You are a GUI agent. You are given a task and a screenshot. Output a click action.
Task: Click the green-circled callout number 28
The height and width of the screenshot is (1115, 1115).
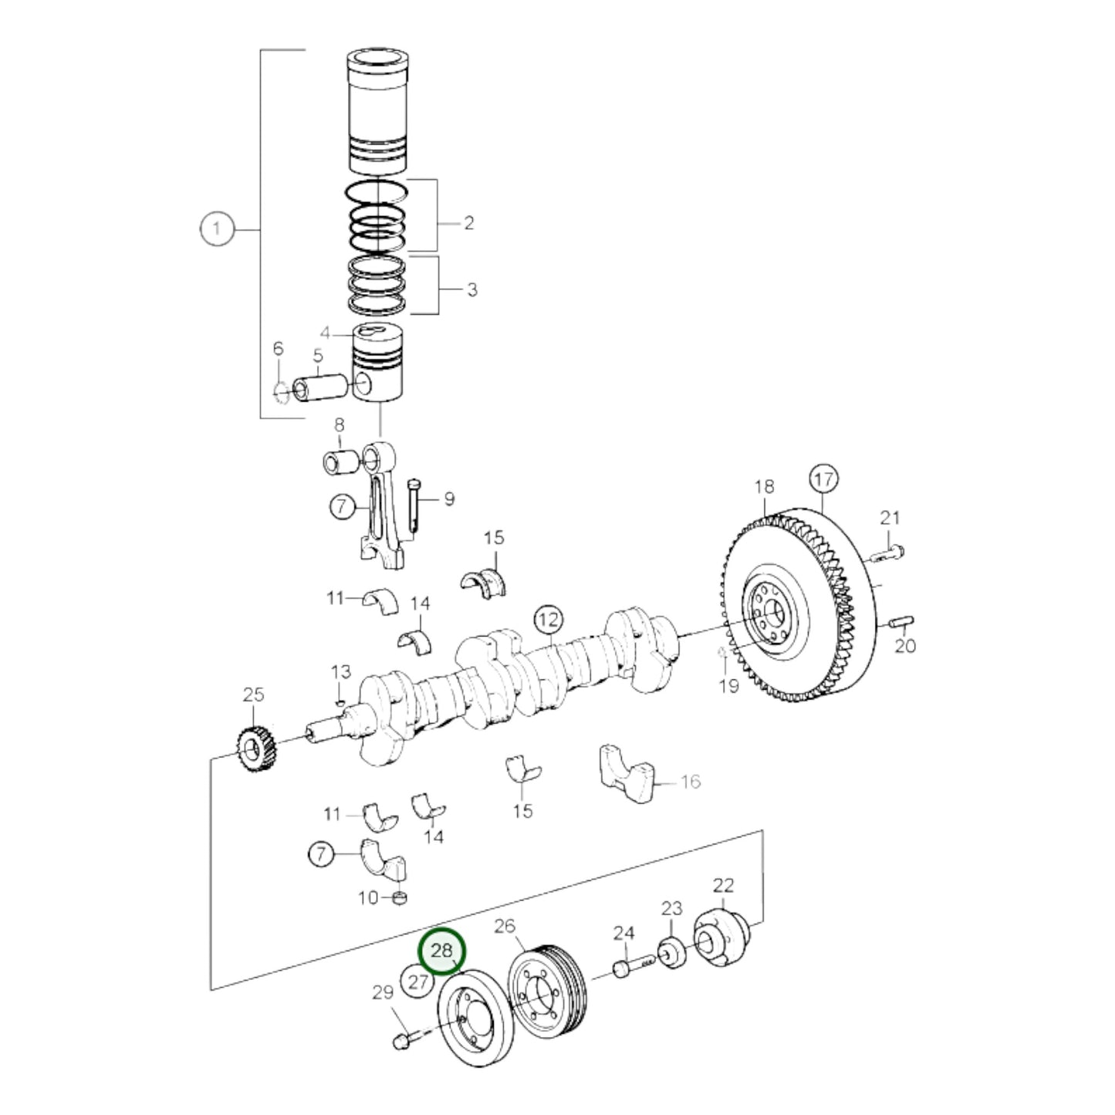pos(441,951)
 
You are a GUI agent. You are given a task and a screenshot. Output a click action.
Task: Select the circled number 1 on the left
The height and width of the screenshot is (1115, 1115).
pos(217,229)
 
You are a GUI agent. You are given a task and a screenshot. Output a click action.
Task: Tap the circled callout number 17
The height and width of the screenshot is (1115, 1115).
pos(823,479)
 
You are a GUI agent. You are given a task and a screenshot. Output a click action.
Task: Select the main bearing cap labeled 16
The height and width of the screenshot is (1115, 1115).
pos(627,773)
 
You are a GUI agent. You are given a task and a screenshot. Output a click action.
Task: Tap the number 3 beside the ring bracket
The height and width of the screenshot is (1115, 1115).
pos(471,290)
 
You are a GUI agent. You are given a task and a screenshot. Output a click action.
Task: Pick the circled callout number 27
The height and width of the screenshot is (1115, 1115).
pos(417,982)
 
